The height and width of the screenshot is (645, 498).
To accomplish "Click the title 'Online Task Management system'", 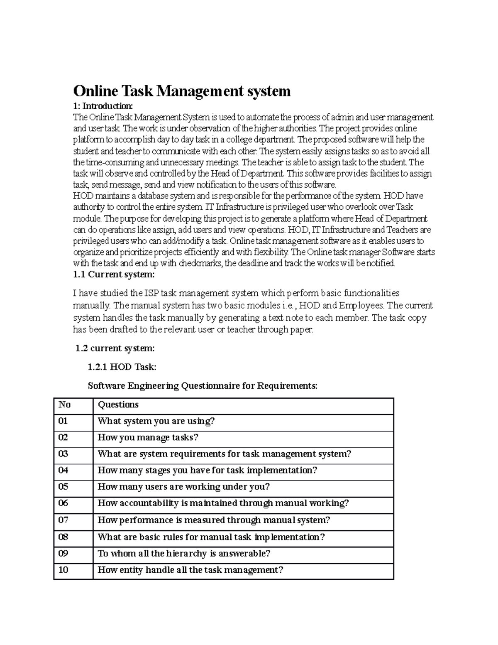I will (x=182, y=91).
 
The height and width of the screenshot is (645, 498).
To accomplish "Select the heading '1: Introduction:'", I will (x=103, y=106).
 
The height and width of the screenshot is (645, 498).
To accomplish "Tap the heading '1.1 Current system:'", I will (x=114, y=275).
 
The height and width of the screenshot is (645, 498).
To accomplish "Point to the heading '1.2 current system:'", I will (x=115, y=348).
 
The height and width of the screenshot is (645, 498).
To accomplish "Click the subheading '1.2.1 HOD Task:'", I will (x=122, y=367).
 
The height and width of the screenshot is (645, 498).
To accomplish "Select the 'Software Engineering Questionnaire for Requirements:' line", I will (x=203, y=386).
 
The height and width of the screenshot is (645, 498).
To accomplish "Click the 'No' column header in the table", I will (x=64, y=405).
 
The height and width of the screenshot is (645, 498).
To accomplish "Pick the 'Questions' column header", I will (x=118, y=405).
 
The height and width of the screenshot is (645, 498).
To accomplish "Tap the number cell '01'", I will (x=63, y=421).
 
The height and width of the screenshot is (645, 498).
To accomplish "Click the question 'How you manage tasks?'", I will (x=148, y=438).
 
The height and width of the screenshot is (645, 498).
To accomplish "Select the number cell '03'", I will (x=63, y=454).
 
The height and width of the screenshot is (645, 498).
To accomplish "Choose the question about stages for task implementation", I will (x=207, y=471).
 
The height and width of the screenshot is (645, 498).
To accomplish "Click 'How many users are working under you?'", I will (x=183, y=487).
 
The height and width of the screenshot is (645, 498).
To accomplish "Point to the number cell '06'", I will (x=63, y=503).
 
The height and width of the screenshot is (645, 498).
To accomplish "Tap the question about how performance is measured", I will (x=214, y=520).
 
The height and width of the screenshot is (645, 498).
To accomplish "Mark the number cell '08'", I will (x=63, y=537).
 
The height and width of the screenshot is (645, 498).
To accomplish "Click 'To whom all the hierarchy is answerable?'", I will (x=184, y=554).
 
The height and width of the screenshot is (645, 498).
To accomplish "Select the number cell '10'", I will (x=63, y=570).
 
